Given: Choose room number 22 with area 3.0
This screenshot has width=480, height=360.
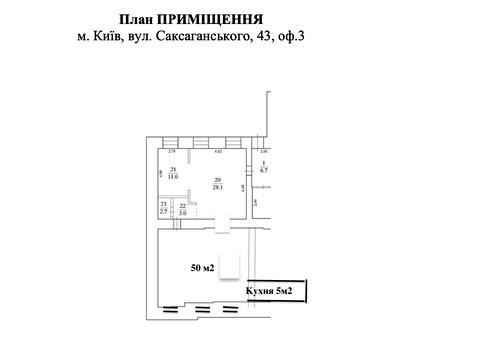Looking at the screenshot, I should coord(182,206).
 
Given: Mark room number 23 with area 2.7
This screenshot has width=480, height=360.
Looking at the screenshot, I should coord(163,206).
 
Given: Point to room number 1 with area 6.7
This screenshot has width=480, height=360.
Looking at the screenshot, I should coord(263,163).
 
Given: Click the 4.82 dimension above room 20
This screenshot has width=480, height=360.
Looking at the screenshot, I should coord(219,152).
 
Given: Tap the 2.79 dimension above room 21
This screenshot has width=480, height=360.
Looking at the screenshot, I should coord(172,152).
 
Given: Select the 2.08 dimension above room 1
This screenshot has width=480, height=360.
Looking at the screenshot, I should coord(264,152).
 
